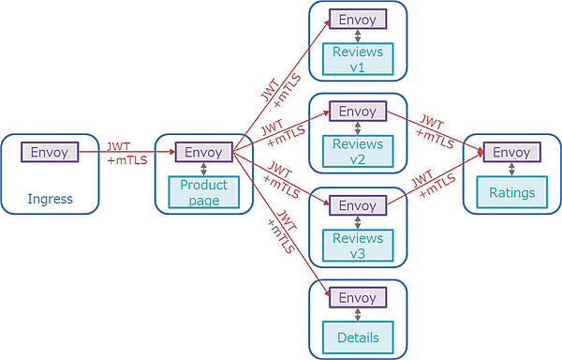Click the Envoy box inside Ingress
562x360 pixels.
[x=50, y=152]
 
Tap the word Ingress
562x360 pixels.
[x=50, y=198]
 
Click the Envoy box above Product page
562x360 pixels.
[x=203, y=152]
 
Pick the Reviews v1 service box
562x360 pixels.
[x=358, y=59]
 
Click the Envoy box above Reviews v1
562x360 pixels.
[x=358, y=20]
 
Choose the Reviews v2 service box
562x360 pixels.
[x=358, y=151]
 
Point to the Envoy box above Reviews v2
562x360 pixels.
[x=358, y=112]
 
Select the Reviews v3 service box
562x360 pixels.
[x=358, y=244]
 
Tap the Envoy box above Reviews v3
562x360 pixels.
[x=358, y=205]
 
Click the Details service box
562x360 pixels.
[x=358, y=336]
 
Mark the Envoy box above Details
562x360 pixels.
[x=358, y=297]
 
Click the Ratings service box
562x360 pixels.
[x=511, y=193]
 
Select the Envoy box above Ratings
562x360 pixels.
[x=511, y=152]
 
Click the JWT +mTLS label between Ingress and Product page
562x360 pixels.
[x=122, y=154]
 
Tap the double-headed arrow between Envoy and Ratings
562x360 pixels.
[x=511, y=172]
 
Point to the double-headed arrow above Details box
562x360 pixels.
[x=358, y=316]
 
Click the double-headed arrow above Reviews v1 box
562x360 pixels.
[x=358, y=37]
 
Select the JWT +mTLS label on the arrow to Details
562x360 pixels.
[x=282, y=233]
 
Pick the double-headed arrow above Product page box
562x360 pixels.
[x=203, y=170]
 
